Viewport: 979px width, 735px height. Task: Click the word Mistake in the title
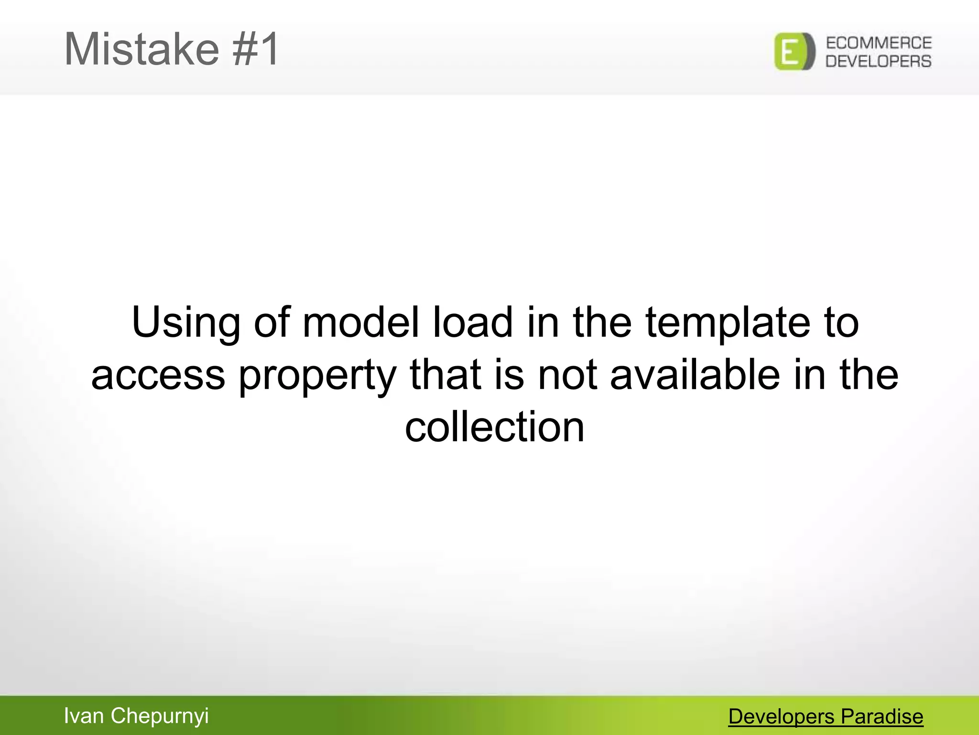141,49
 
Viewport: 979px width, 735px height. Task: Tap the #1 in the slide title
255,49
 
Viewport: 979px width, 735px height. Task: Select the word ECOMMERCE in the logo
879,43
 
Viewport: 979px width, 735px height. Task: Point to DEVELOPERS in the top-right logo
879,61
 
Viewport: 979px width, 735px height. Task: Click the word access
158,376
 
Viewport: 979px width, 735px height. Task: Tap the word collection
494,427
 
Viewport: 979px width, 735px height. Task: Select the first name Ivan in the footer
84,716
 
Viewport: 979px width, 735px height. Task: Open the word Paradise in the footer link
882,717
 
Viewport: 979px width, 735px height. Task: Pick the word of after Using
272,323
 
